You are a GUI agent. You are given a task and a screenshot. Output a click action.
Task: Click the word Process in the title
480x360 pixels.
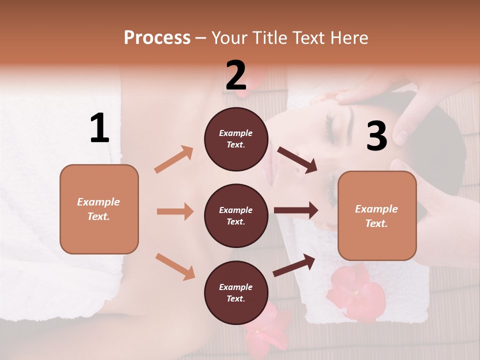(x=157, y=37)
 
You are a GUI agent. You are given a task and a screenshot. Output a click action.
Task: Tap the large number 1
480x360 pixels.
(x=99, y=128)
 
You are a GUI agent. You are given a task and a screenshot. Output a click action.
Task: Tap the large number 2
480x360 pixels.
(x=236, y=75)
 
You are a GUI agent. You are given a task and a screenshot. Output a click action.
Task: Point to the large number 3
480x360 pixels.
(x=376, y=136)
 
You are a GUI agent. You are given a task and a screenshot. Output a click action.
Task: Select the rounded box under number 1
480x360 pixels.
(x=99, y=209)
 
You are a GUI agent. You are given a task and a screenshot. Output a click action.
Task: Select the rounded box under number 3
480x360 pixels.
(x=377, y=215)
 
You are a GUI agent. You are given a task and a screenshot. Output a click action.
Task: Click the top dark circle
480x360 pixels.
(x=236, y=139)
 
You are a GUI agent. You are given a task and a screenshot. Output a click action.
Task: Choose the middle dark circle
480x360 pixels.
(x=236, y=215)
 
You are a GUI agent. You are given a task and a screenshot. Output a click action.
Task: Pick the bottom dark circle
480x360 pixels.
(x=236, y=292)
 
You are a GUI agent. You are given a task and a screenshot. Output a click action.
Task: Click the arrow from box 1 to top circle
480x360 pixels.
(x=174, y=159)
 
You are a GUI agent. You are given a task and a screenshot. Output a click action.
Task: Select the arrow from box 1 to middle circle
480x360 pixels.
(x=175, y=211)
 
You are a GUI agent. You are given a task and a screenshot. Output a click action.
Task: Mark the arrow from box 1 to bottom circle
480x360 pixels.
(x=175, y=266)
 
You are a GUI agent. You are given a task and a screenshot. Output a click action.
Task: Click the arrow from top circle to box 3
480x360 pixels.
(x=297, y=160)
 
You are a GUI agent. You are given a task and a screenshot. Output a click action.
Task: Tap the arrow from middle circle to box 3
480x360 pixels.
(x=296, y=210)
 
